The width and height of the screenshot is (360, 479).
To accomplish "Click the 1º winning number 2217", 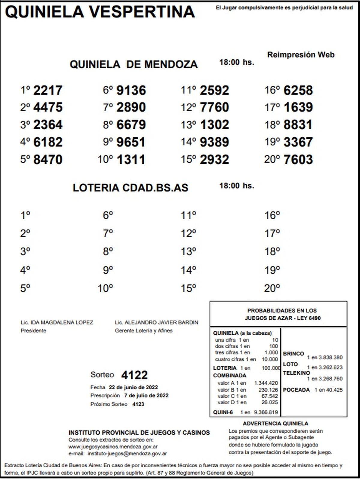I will click(48, 90).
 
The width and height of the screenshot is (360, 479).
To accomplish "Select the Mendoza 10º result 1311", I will click(131, 160).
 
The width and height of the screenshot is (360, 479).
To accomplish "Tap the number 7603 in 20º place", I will click(298, 160).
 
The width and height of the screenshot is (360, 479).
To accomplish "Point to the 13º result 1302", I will click(214, 125).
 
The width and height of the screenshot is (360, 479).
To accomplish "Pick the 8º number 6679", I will click(131, 125).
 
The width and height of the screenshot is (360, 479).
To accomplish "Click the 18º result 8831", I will click(298, 125).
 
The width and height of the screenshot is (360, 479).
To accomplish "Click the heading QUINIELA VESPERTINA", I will click(100, 12).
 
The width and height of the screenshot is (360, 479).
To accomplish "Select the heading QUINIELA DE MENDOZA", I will click(133, 64).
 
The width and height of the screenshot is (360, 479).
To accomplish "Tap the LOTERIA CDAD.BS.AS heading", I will click(130, 188).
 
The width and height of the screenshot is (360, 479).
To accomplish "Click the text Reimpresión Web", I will click(301, 55).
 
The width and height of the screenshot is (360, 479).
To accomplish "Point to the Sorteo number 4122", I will click(134, 375).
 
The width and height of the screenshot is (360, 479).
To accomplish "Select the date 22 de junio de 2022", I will click(133, 387).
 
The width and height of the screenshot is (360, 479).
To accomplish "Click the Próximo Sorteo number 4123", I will click(138, 404).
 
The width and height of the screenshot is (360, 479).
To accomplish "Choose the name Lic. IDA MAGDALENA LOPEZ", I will click(57, 322).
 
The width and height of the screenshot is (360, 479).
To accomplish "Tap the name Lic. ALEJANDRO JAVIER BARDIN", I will click(156, 322).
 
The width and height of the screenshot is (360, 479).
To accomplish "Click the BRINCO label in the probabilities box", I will click(293, 354).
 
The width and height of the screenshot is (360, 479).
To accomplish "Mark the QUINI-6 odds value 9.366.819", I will click(266, 412).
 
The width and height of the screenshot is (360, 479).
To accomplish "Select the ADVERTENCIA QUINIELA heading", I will click(275, 424).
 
